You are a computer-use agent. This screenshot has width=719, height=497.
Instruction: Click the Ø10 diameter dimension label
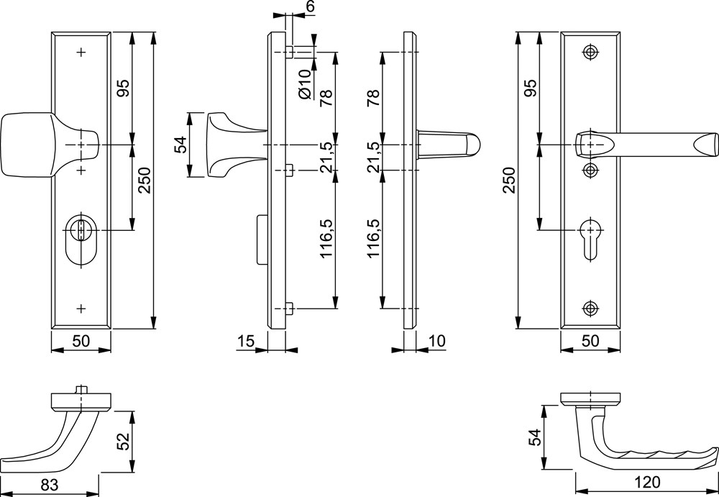305,83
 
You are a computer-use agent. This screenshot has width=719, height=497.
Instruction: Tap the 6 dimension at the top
311,6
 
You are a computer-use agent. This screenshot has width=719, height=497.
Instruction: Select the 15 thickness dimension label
246,341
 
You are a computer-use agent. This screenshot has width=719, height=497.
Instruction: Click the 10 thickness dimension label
437,341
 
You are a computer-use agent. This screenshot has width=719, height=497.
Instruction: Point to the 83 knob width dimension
50,485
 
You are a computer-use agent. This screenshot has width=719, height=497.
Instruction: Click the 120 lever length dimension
647,483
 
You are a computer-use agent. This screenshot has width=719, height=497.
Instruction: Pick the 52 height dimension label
124,441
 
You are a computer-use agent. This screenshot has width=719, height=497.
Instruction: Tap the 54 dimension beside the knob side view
180,145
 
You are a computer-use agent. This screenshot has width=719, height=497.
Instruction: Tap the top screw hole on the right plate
590,52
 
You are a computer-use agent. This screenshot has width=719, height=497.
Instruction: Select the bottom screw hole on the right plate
590,309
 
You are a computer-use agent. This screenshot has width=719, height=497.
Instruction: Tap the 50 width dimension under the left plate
81,341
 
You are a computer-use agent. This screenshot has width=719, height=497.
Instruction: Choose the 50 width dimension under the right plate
590,341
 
